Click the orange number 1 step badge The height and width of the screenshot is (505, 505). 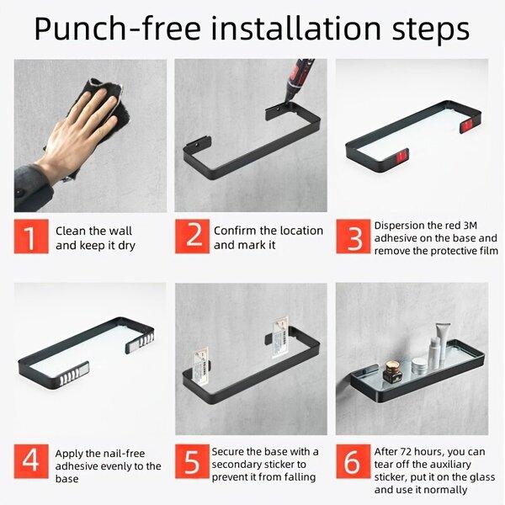pyautogui.click(x=31, y=237)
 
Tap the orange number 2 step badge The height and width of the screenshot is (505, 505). pyautogui.click(x=192, y=237)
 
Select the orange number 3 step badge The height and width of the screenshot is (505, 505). pyautogui.click(x=353, y=237)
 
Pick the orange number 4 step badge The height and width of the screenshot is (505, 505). pyautogui.click(x=31, y=461)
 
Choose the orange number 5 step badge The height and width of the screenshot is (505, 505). pyautogui.click(x=192, y=461)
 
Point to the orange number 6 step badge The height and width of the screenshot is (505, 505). pyautogui.click(x=353, y=461)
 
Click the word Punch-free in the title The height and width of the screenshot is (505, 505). pyautogui.click(x=118, y=29)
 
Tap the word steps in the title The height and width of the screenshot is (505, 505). pyautogui.click(x=430, y=29)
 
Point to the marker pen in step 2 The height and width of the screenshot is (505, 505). pyautogui.click(x=298, y=81)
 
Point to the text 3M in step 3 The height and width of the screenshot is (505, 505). pyautogui.click(x=470, y=226)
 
